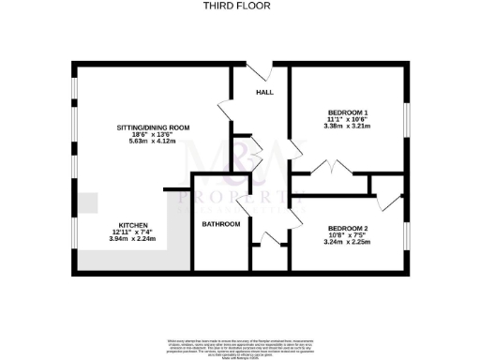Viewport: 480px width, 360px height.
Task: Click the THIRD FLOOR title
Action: [240, 6]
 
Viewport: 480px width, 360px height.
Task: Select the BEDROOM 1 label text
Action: [347, 113]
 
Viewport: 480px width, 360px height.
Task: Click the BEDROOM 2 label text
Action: [347, 228]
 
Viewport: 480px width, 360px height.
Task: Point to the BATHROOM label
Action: [221, 224]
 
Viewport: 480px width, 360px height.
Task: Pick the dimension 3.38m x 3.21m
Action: [347, 127]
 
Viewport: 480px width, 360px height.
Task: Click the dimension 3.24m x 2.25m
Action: [347, 242]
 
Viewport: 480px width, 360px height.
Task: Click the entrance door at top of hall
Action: [260, 71]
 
